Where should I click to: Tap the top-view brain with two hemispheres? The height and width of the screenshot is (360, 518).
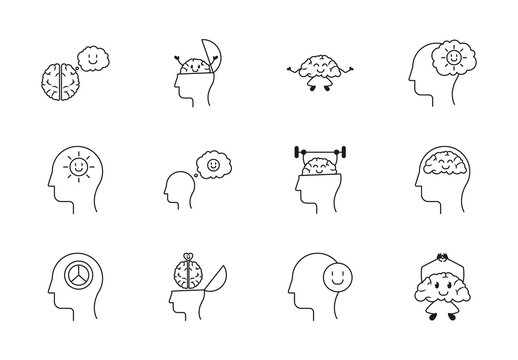click(59, 78)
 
